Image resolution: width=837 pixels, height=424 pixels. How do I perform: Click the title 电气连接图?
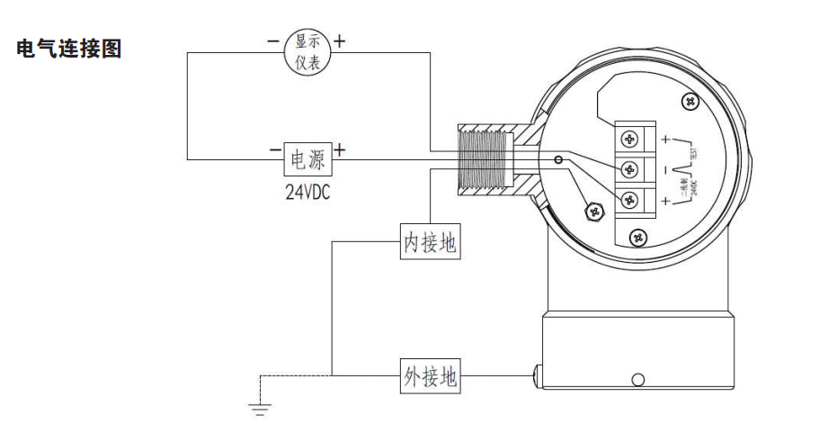69,50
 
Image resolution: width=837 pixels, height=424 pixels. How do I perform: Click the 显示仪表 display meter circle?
307,52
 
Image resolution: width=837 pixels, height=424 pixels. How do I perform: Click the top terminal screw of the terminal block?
628,139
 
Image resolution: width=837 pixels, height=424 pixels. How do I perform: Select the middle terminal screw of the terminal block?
628,168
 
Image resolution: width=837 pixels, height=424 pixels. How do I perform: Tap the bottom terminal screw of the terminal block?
628,198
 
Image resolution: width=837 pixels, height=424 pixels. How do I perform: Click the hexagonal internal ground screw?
593,212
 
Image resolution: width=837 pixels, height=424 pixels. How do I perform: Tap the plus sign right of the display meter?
340,41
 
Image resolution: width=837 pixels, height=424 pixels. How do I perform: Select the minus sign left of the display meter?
272,41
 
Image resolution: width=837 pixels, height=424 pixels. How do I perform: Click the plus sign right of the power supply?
340,150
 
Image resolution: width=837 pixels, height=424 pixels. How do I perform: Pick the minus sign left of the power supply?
272,150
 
